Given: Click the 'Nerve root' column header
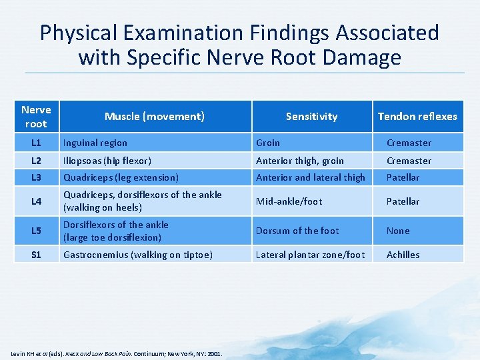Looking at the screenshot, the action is [36, 117].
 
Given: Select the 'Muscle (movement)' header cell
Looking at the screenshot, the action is [154, 117].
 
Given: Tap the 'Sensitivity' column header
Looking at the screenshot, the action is [311, 117].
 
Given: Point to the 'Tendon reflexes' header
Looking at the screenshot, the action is [417, 117].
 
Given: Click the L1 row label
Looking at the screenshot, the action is [36, 143].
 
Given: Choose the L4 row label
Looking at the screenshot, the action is [36, 201].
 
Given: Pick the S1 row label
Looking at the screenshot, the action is [36, 254].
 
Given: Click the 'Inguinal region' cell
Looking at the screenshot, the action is [95, 143].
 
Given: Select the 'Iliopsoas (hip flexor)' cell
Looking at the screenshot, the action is [107, 161].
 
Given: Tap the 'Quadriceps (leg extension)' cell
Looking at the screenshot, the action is [121, 177].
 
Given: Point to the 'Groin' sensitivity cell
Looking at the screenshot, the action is [268, 143].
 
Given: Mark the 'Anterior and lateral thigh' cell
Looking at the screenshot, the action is [311, 177].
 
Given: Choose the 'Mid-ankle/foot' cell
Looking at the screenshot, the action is [289, 201].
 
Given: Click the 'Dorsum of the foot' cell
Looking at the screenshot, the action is [297, 231].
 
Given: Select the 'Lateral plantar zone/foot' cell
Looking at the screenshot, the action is [311, 254].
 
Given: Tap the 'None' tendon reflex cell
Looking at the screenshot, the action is [398, 231].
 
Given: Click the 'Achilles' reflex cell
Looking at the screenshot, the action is [403, 254].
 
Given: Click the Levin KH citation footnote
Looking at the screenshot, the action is [117, 353].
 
